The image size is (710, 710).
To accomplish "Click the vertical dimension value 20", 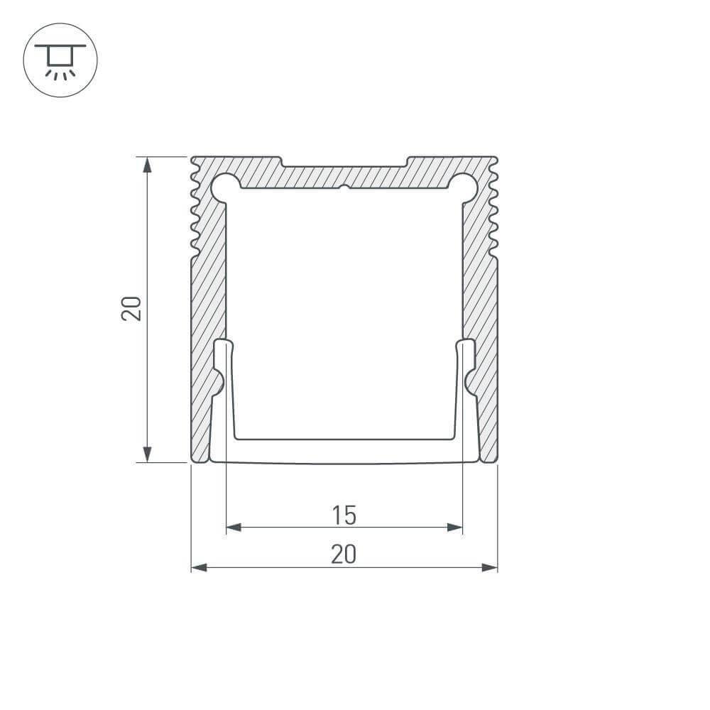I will [133, 308].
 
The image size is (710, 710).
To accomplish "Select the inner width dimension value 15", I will [344, 515].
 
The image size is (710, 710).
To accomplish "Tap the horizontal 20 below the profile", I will [344, 555].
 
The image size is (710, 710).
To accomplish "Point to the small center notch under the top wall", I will [344, 189].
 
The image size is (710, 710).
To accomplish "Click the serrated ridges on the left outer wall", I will [195, 209].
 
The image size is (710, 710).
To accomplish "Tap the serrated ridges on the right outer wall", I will [494, 209].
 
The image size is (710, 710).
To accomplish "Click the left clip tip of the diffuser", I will [224, 348].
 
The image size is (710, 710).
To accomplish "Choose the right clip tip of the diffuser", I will [466, 348].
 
